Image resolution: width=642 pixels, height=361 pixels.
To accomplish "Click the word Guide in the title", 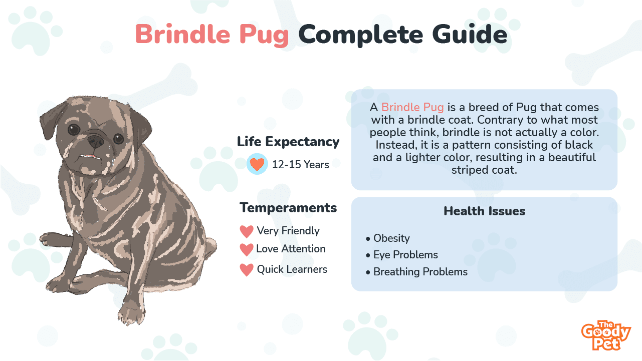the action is [x=470, y=35].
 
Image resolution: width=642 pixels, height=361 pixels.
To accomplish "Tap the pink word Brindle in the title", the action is [x=183, y=34].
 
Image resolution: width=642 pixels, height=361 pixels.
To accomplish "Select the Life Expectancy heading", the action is [x=288, y=142].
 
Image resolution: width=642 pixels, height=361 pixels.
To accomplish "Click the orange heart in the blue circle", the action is [x=257, y=164].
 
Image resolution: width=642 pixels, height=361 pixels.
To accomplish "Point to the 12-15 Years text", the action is [x=300, y=165].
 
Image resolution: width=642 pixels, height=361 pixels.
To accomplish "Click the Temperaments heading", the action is [x=288, y=208].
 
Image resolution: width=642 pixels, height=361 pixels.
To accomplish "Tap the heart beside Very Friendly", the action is [x=247, y=231].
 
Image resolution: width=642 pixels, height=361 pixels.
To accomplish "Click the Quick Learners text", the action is [x=292, y=269].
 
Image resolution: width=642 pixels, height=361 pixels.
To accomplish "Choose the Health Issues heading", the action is [x=484, y=211].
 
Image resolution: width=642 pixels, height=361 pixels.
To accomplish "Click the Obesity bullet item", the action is [x=388, y=238].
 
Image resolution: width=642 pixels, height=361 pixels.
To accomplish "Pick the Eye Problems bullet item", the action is [x=402, y=255].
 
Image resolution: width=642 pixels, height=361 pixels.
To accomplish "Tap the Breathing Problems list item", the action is [x=417, y=272].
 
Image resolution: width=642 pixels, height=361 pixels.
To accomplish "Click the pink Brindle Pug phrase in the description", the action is [x=412, y=107].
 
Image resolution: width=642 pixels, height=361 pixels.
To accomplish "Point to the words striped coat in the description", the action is [x=484, y=170].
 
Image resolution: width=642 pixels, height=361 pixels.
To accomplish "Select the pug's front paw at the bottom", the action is [x=131, y=314].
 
